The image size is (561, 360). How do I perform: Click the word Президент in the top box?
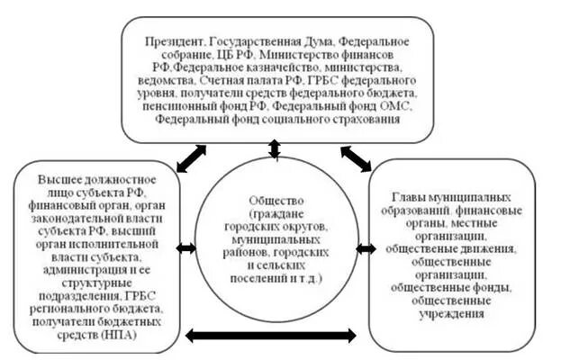pos(175,42)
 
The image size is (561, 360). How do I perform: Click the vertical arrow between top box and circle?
pos(275,148)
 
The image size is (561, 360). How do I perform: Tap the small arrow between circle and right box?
pos(366,248)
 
